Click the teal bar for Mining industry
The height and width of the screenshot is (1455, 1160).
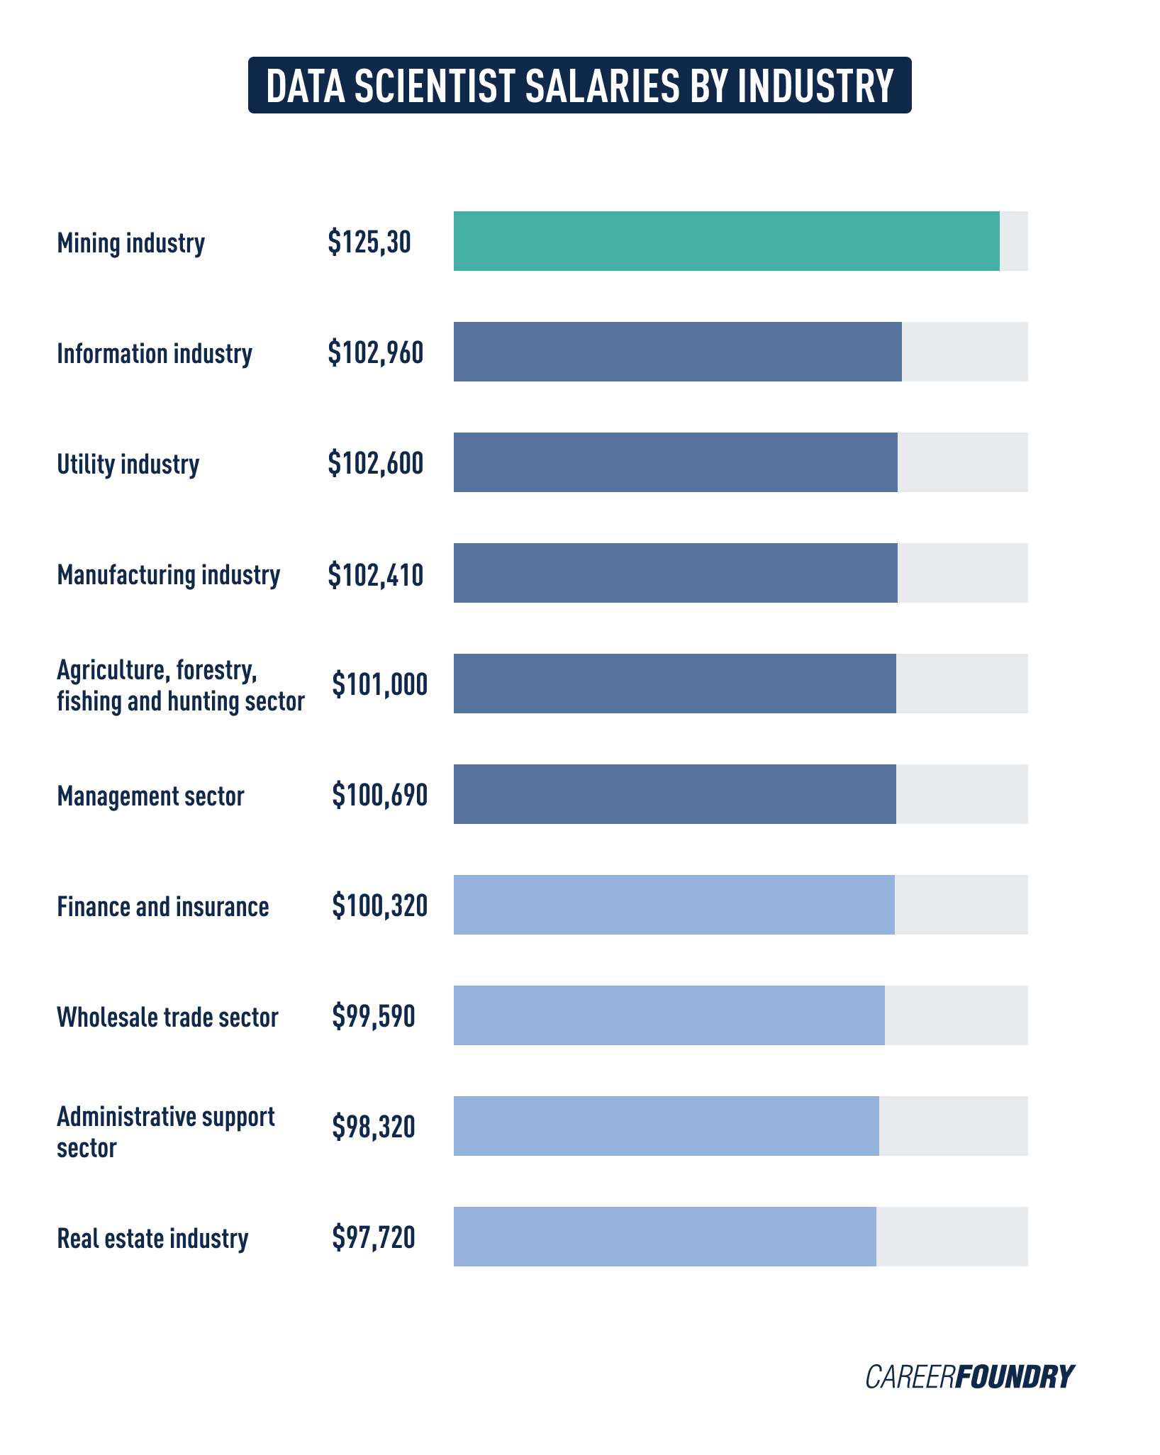click(x=726, y=241)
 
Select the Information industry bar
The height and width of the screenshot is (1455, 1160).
click(x=677, y=352)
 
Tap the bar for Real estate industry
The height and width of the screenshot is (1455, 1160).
click(x=664, y=1237)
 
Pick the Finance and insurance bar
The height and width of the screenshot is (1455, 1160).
click(x=674, y=905)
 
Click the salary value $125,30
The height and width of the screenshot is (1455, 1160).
click(x=369, y=242)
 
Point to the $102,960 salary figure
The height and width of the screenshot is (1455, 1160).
click(x=375, y=352)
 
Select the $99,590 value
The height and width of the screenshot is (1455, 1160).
click(x=373, y=1016)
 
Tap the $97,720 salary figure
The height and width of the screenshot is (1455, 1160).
click(x=373, y=1237)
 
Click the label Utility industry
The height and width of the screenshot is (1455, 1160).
click(x=128, y=464)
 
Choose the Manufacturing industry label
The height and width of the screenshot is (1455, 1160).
click(x=168, y=574)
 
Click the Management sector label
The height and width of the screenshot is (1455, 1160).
click(x=150, y=796)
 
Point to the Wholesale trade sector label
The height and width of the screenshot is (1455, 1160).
click(x=167, y=1017)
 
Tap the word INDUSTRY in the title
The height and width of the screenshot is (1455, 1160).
click(x=815, y=86)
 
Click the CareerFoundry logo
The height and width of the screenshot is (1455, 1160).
click(x=969, y=1376)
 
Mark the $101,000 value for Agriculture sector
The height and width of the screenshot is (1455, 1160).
click(x=379, y=684)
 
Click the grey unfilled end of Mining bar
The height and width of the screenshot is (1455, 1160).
click(x=1013, y=241)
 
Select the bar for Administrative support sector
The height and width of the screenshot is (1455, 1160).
click(x=666, y=1126)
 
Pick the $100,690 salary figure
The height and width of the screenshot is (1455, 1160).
click(x=379, y=795)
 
